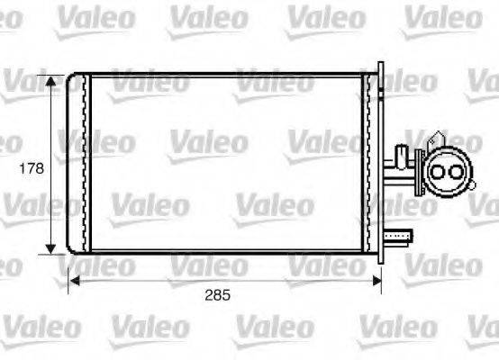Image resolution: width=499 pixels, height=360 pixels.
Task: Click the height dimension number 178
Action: point(31,167)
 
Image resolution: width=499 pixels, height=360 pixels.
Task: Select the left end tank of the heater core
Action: point(82,163)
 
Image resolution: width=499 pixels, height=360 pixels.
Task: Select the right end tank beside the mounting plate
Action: point(369,163)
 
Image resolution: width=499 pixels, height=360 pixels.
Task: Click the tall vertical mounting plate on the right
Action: point(381,162)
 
